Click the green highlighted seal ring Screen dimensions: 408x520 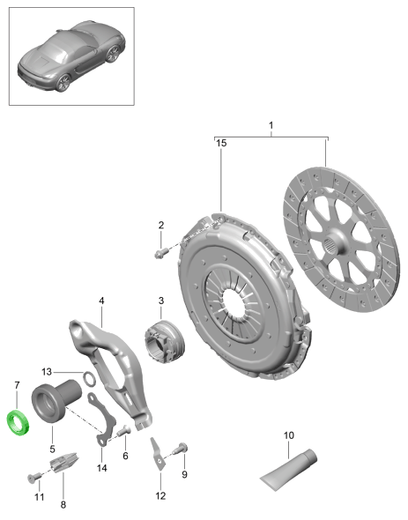[x=19, y=423]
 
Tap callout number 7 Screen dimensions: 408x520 [x=17, y=386]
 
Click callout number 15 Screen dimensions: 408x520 [x=221, y=143]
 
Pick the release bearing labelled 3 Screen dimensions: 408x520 [x=165, y=342]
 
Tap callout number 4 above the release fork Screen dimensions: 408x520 [x=101, y=301]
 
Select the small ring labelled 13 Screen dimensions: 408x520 [x=89, y=379]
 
